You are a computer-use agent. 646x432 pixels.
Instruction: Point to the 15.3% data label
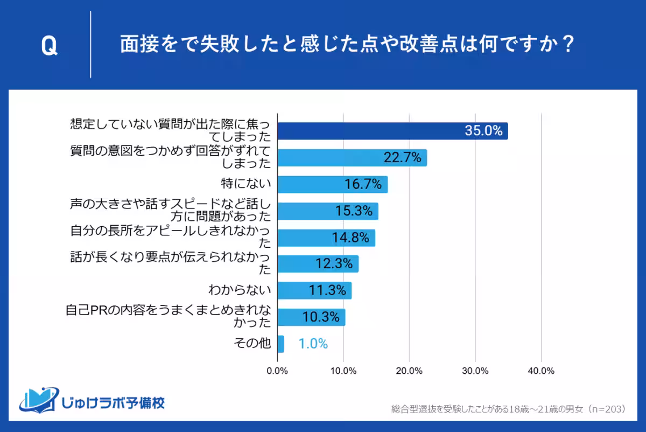pos(354,211)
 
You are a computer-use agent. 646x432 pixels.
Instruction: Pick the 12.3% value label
pos(334,264)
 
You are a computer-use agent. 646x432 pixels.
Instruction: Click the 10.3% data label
pos(321,317)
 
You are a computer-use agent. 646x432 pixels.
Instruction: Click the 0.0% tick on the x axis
pos(277,371)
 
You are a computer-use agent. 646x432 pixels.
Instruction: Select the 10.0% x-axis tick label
pos(343,371)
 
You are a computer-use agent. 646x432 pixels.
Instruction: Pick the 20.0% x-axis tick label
pos(409,371)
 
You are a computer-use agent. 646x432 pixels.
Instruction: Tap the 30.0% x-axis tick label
pos(475,371)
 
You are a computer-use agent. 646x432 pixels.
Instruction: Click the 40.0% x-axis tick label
pos(541,371)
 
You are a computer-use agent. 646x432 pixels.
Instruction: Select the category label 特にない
pos(247,184)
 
